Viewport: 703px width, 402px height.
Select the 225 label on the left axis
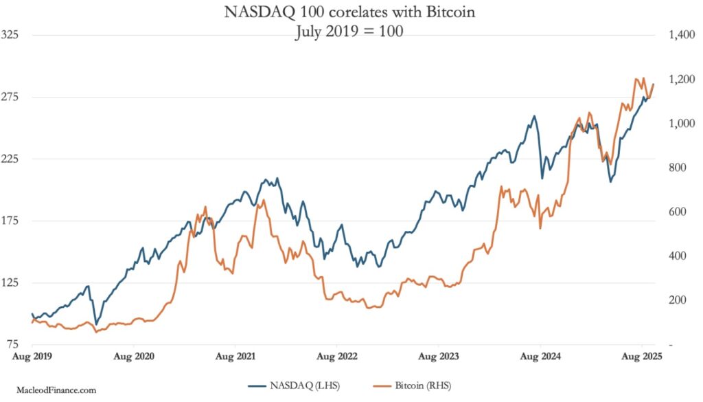[11, 158]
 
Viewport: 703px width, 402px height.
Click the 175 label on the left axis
[11, 221]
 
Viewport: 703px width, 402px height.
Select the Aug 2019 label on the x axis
[33, 357]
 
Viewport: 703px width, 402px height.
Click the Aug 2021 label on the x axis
[236, 357]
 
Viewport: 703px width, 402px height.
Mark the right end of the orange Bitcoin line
[654, 84]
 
